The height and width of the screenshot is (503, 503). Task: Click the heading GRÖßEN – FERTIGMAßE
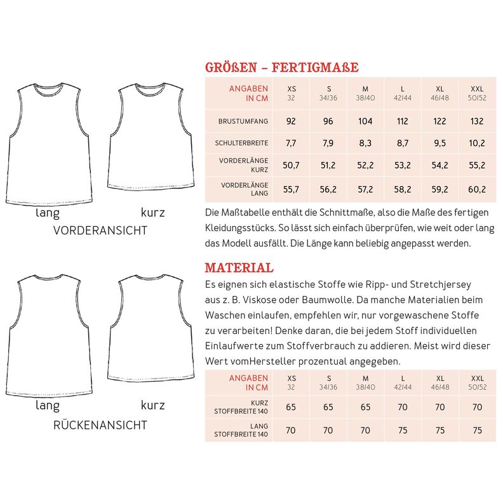tap(281, 67)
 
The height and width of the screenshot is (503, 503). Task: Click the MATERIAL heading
tap(239, 267)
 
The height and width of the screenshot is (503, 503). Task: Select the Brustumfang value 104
tap(365, 121)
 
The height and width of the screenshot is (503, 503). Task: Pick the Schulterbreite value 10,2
tap(477, 143)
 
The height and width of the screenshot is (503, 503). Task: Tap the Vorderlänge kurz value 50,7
tap(291, 165)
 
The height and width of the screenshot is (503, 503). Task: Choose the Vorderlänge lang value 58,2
tap(403, 189)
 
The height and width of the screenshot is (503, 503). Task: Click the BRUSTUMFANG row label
tap(243, 121)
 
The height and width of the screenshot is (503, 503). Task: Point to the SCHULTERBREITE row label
tap(243, 143)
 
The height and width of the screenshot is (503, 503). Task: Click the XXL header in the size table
tap(477, 89)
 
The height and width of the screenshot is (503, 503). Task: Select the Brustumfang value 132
tap(477, 121)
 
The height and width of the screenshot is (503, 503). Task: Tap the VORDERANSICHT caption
tap(100, 231)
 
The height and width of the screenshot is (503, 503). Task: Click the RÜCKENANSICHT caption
tap(100, 425)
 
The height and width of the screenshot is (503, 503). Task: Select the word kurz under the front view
tap(152, 213)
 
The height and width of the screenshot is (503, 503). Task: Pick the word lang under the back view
tap(48, 405)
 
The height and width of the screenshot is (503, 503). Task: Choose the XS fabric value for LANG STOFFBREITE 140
tap(291, 430)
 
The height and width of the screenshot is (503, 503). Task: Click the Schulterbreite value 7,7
tap(291, 143)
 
